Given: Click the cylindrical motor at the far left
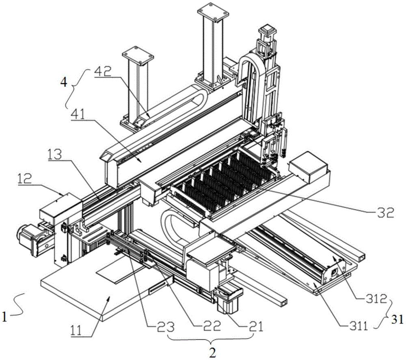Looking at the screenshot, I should point(25,235).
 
